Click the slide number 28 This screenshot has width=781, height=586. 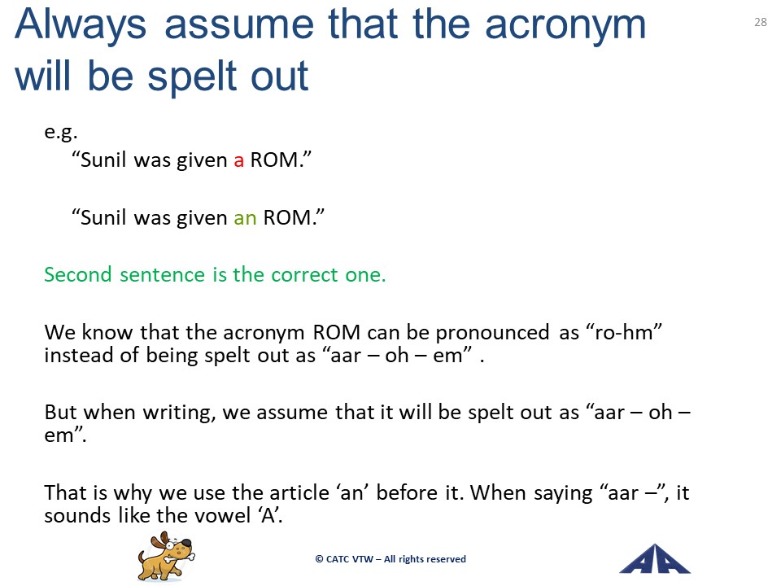click(761, 22)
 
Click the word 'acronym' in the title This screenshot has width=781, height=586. click(565, 25)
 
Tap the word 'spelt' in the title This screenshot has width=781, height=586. click(194, 77)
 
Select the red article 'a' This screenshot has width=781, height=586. click(239, 161)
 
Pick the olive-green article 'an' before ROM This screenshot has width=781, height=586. click(245, 218)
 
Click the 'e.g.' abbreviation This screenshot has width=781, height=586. click(61, 133)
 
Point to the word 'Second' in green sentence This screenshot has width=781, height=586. click(78, 274)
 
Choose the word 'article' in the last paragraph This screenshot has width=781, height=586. click(299, 492)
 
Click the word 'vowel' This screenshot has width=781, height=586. click(222, 515)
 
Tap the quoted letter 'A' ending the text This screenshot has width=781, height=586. click(268, 515)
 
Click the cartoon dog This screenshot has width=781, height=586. click(166, 556)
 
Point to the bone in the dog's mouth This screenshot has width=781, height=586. click(178, 554)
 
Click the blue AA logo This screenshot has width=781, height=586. click(654, 559)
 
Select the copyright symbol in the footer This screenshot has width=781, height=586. click(319, 559)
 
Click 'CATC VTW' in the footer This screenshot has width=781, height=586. click(350, 559)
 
